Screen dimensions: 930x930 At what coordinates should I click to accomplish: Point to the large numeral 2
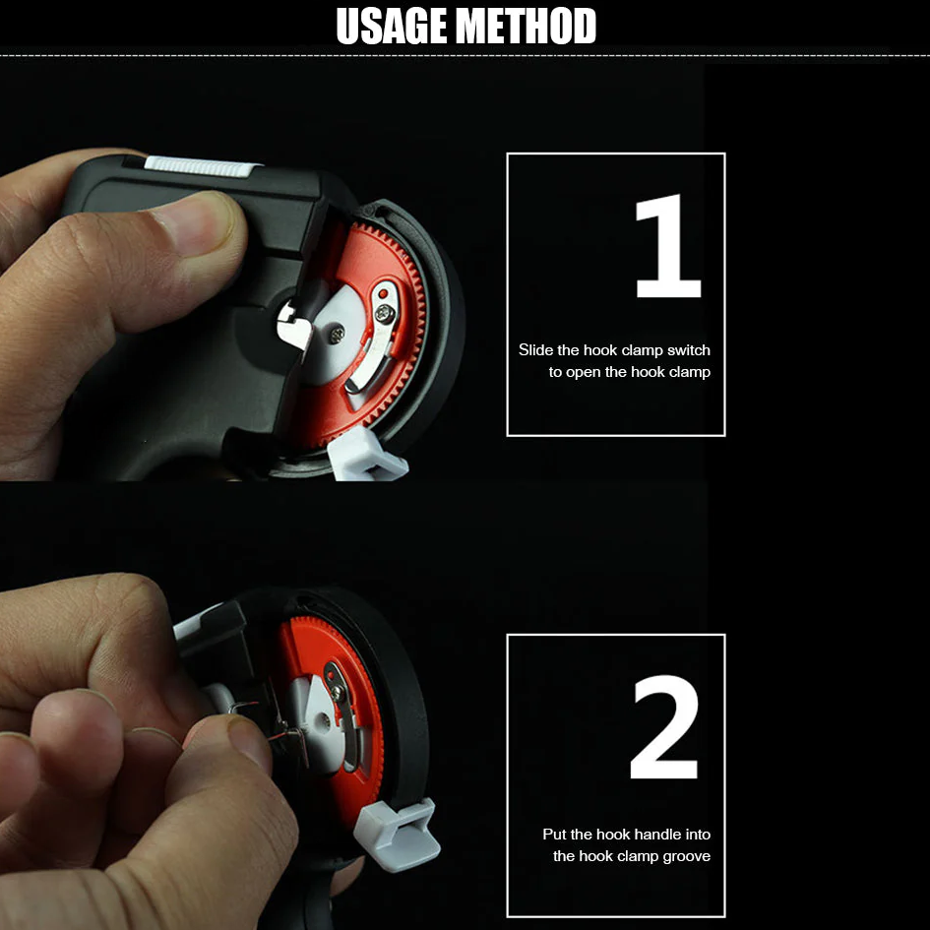click(x=665, y=728)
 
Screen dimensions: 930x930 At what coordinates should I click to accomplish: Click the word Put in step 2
click(x=555, y=835)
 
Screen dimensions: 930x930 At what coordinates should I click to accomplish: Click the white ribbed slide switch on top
click(x=202, y=164)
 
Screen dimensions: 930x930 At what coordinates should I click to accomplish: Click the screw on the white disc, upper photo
click(x=338, y=335)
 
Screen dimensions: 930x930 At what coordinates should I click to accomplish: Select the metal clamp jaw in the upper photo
click(x=293, y=326)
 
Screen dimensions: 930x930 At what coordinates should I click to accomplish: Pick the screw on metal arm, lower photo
click(x=338, y=692)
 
